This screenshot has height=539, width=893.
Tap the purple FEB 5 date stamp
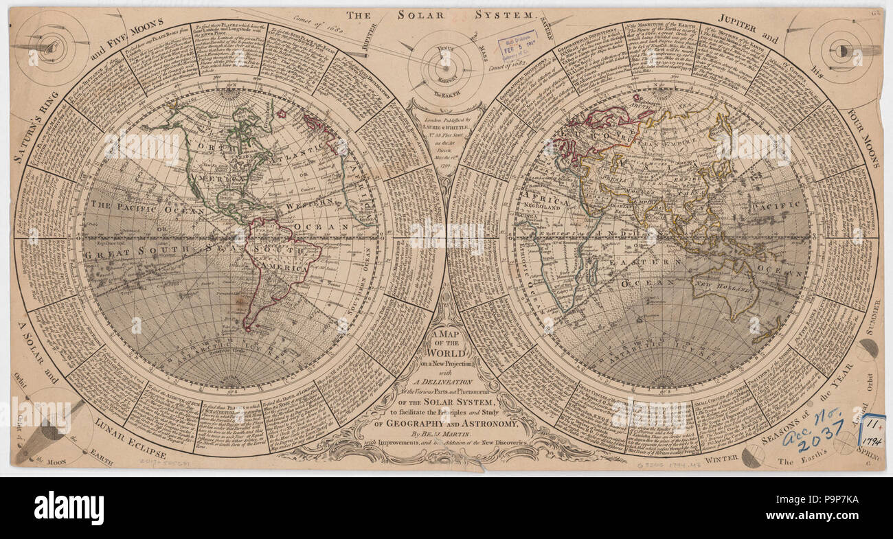tap(517, 49)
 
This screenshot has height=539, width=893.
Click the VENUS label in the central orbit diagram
tap(445, 49)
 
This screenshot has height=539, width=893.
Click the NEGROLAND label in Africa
tap(547, 205)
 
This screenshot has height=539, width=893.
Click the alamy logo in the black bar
tap(69, 508)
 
